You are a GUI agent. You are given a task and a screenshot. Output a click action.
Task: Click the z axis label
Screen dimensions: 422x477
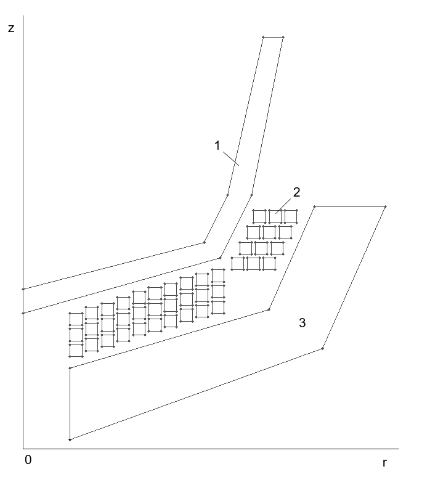click(11, 28)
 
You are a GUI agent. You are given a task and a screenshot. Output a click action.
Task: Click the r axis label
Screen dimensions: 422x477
click(384, 463)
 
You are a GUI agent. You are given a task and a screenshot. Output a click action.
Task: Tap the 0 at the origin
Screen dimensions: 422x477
click(28, 460)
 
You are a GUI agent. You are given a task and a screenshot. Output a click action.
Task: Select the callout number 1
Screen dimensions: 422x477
click(217, 145)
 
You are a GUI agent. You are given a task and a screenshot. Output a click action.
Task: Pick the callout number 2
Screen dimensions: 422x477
click(296, 192)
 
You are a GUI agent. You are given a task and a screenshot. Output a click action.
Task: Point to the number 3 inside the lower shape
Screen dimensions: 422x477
click(302, 323)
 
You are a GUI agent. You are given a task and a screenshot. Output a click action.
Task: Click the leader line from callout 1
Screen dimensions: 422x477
click(231, 158)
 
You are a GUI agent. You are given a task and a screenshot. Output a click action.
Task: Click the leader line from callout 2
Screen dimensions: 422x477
click(283, 206)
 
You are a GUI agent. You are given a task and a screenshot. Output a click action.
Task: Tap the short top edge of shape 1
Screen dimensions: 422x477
click(273, 38)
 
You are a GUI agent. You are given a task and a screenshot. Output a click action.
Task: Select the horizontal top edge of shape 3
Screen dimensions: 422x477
click(350, 207)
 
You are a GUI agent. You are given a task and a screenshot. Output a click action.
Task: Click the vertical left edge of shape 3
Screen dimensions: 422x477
click(70, 404)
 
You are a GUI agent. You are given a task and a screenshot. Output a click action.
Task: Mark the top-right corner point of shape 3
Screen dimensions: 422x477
click(386, 207)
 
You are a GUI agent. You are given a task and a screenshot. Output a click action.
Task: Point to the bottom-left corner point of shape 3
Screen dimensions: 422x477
click(70, 439)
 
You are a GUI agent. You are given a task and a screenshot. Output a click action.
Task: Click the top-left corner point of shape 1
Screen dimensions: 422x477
click(263, 38)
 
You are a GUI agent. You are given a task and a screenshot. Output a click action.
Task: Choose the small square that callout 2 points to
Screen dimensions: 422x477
click(275, 216)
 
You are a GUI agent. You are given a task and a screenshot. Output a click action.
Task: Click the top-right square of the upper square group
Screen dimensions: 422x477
click(290, 216)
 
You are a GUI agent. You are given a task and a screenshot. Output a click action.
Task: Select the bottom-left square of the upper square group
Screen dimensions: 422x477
click(238, 263)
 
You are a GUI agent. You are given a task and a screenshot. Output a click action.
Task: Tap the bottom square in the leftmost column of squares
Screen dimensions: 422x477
click(76, 350)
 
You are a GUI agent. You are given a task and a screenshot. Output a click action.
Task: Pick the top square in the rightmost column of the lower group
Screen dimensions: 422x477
click(218, 276)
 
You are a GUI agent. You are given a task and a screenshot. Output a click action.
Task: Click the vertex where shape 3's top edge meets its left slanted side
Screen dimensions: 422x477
click(314, 207)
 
